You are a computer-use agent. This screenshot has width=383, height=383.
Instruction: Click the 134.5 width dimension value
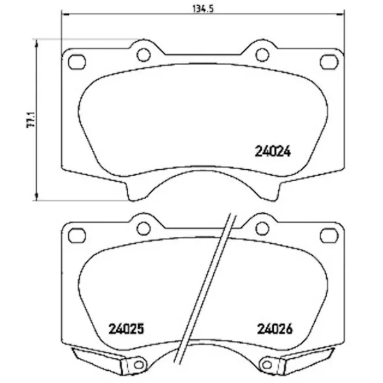point(203,9)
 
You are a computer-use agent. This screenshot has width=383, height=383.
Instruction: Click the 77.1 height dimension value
point(31,120)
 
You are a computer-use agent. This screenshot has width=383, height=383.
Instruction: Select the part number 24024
point(273,151)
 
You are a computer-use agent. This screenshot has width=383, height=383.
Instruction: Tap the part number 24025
point(126,329)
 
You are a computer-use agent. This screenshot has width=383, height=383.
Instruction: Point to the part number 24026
point(274,329)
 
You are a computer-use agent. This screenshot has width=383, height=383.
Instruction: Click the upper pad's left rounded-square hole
point(77,62)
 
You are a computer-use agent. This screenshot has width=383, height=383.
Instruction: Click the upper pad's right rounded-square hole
point(329,62)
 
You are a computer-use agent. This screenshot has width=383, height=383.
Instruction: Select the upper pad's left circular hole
point(144,55)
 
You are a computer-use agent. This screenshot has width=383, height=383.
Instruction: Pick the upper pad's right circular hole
point(262,55)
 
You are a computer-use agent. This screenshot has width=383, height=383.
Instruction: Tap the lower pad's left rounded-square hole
point(77,236)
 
